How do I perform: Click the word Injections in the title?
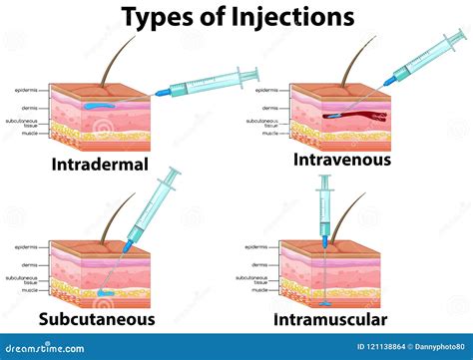pyautogui.click(x=292, y=17)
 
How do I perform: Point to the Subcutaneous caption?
pyautogui.click(x=97, y=319)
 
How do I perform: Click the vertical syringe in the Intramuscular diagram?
pyautogui.click(x=324, y=209)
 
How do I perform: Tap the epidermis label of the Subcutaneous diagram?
pyautogui.click(x=27, y=245)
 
